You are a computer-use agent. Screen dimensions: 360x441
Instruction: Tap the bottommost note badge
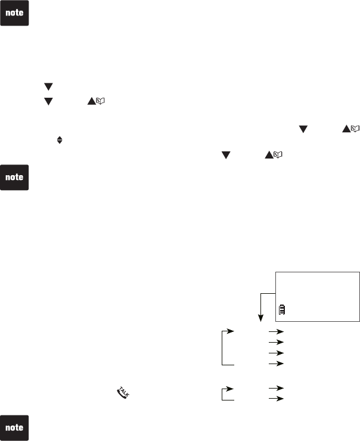15,427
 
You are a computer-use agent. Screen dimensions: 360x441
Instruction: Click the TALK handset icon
123,393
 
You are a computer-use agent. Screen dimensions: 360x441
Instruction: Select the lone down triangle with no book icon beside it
48,87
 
